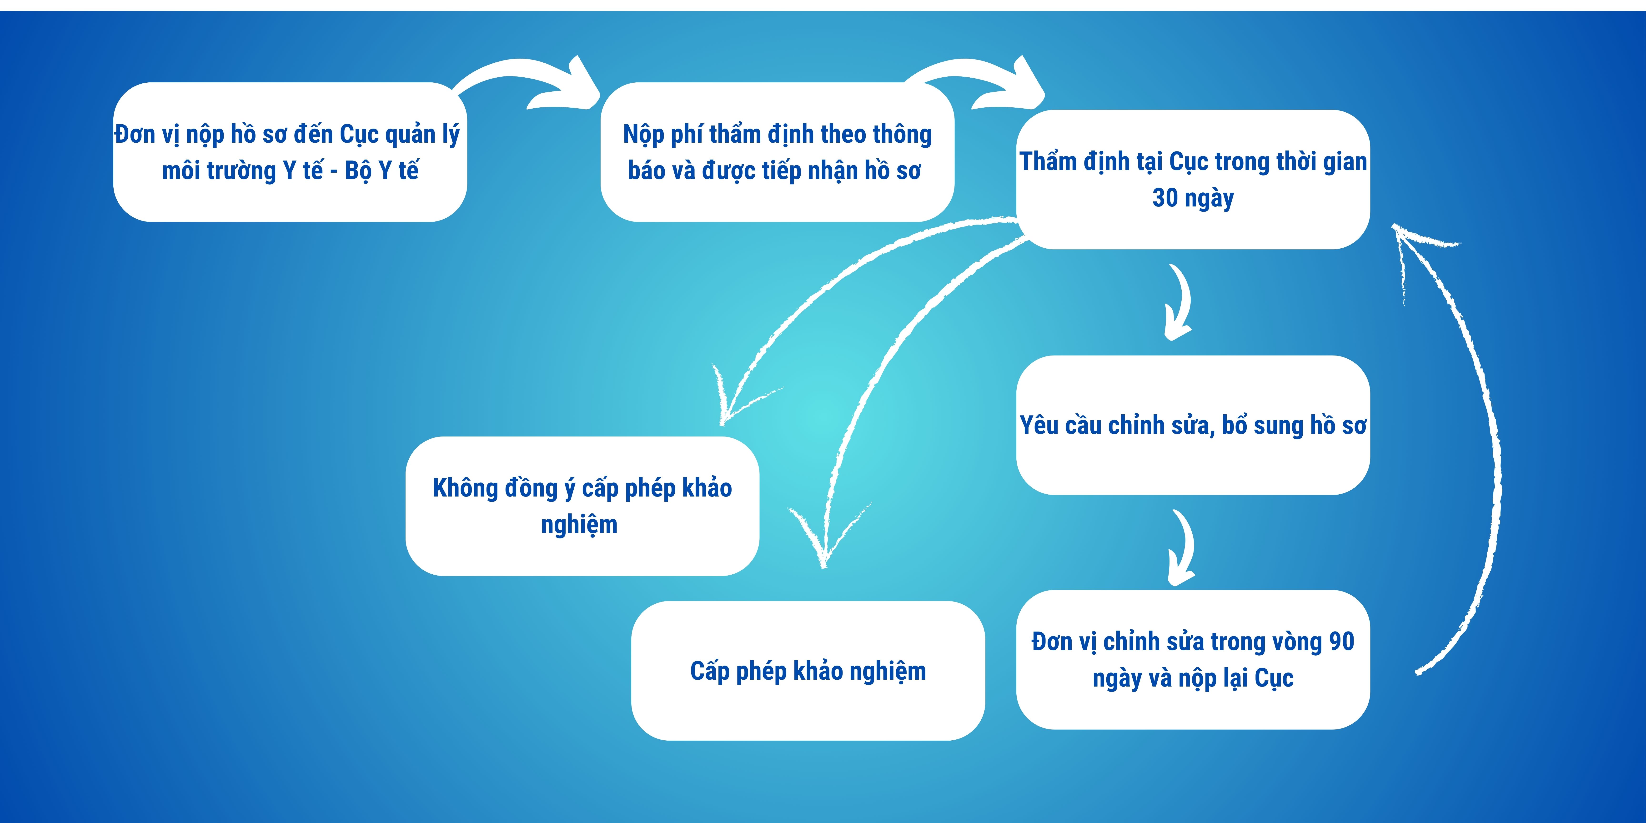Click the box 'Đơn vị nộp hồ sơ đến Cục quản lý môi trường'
tap(290, 152)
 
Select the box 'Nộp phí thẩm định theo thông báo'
tap(777, 152)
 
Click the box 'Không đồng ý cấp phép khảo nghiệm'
tap(582, 506)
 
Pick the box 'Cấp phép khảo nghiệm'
tap(808, 671)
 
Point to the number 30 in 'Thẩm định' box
tap(1164, 198)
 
